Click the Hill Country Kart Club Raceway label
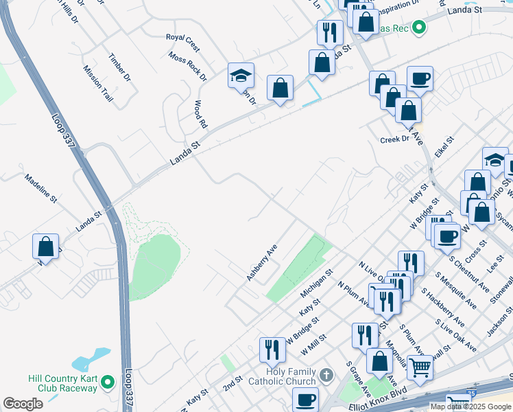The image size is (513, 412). pyautogui.click(x=62, y=383)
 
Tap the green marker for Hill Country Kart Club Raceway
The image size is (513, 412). pyautogui.click(x=107, y=381)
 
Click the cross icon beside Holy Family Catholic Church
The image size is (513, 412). pyautogui.click(x=326, y=376)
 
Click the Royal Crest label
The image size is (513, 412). pyautogui.click(x=182, y=43)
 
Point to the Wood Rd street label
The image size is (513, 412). pyautogui.click(x=200, y=114)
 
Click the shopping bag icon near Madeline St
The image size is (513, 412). pyautogui.click(x=45, y=247)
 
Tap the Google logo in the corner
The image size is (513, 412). pyautogui.click(x=23, y=404)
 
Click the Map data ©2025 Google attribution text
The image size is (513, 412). pyautogui.click(x=470, y=407)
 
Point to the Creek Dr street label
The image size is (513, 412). pyautogui.click(x=394, y=139)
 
